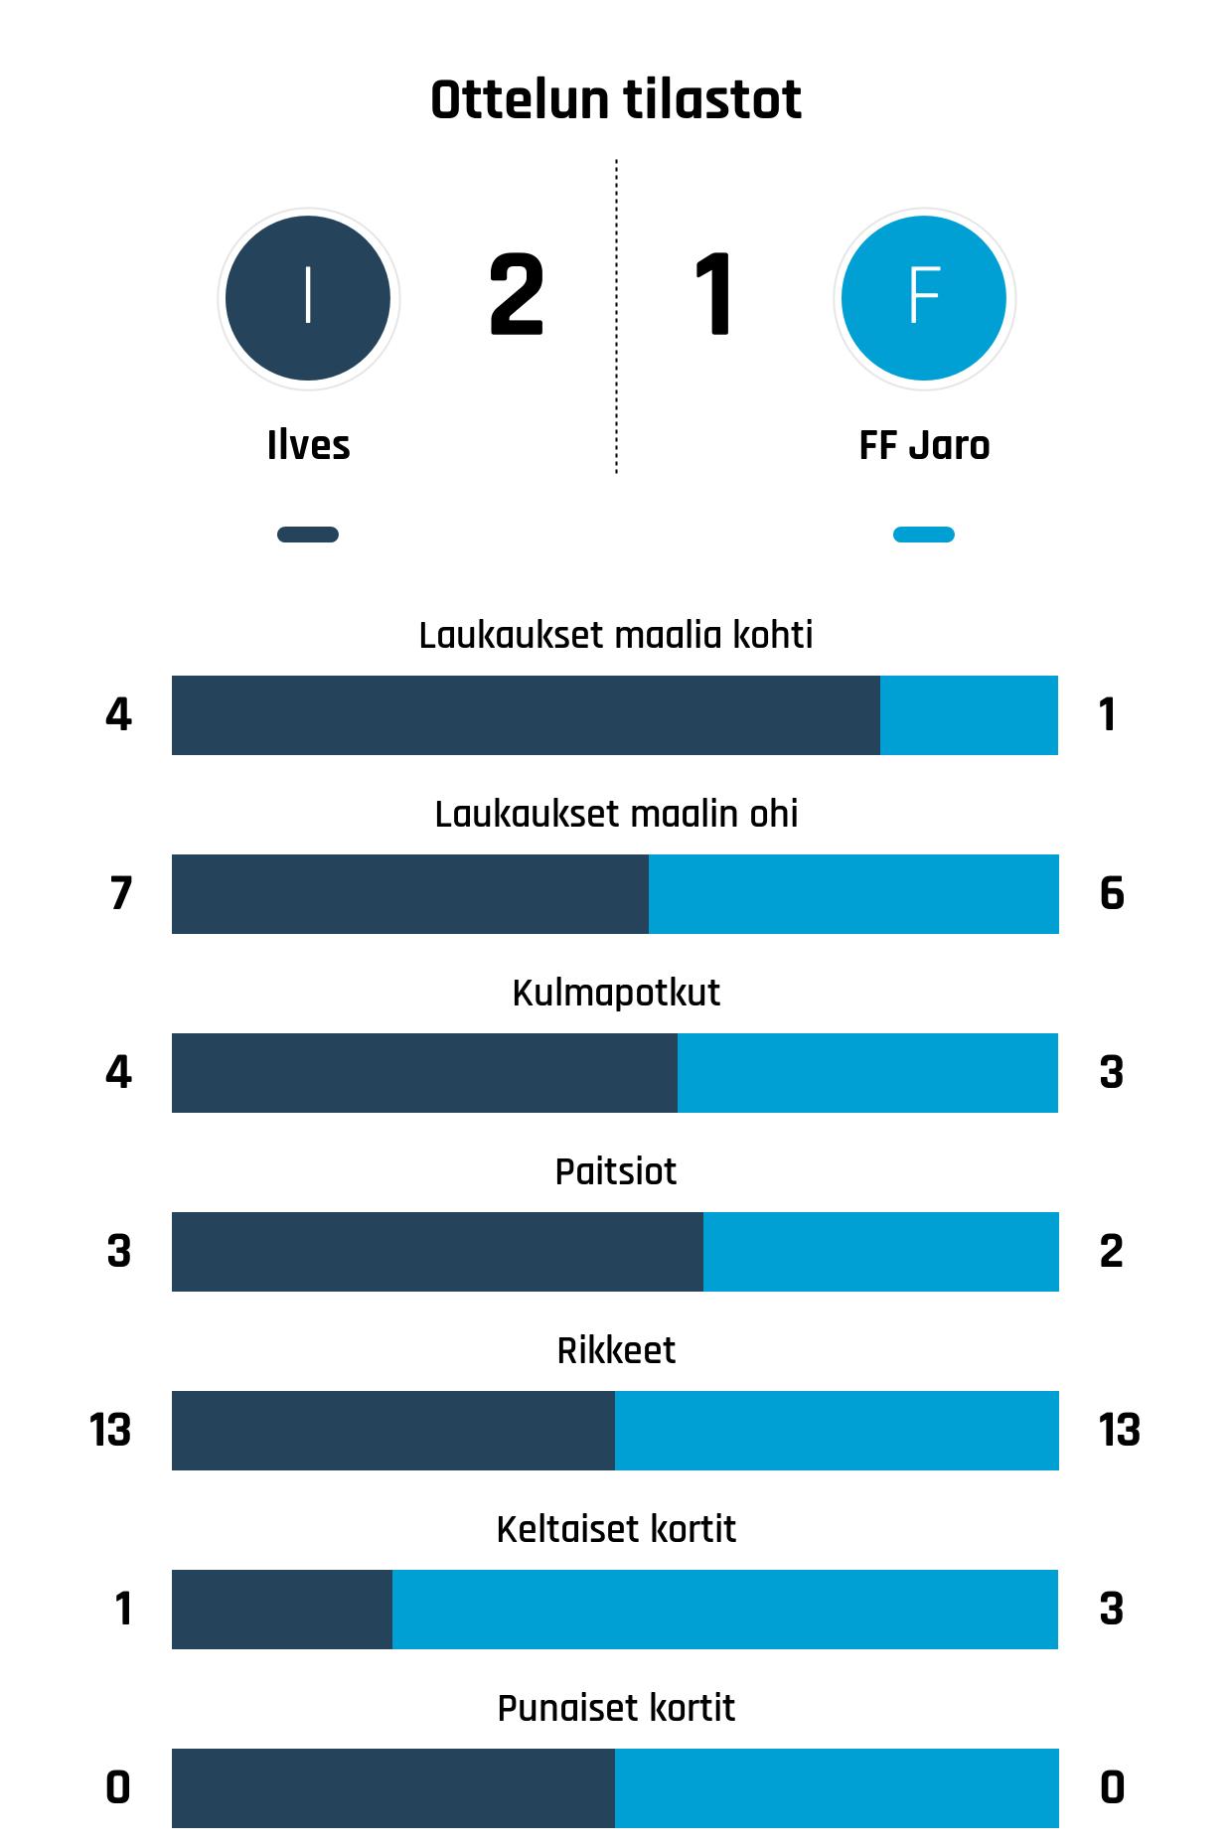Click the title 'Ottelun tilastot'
(x=616, y=100)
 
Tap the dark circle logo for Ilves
(x=308, y=298)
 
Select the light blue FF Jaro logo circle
(x=924, y=298)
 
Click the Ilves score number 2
(x=517, y=295)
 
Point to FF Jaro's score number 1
(x=714, y=295)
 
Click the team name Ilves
(x=308, y=445)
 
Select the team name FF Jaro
(x=924, y=445)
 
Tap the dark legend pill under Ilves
(x=308, y=535)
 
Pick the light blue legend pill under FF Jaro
(x=924, y=535)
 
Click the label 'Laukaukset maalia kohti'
(x=616, y=635)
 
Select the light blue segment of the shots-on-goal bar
(x=969, y=715)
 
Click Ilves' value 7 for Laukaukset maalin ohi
(x=120, y=893)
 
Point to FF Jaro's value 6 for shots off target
(x=1112, y=893)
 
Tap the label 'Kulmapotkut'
(x=616, y=993)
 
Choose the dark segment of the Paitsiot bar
(x=437, y=1252)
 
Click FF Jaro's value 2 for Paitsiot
(x=1112, y=1251)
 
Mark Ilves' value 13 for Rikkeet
(x=110, y=1430)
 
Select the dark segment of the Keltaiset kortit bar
(x=282, y=1610)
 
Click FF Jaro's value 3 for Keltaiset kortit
(x=1112, y=1609)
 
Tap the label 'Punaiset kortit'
(x=616, y=1708)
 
